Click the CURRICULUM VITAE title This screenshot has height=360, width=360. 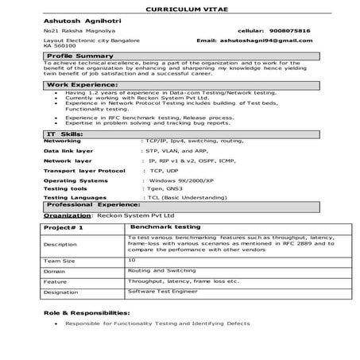coord(179,7)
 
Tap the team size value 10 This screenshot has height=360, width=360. coord(131,259)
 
